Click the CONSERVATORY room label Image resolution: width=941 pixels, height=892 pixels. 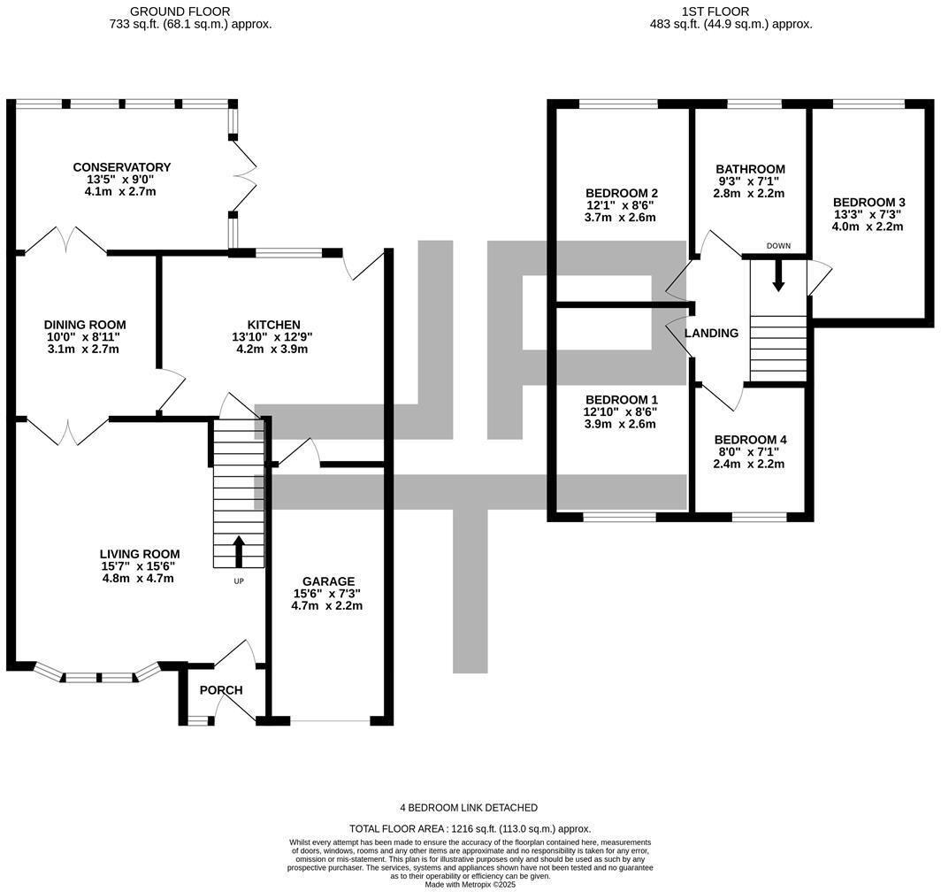pos(122,167)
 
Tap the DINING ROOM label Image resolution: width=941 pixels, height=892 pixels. pos(85,325)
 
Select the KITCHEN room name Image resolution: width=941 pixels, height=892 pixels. pos(274,325)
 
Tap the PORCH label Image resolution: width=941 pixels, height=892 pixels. pos(220,690)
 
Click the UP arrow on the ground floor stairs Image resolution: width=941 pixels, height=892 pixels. pos(239,550)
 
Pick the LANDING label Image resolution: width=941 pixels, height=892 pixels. pos(712,334)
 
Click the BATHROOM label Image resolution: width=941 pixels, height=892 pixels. pos(750,169)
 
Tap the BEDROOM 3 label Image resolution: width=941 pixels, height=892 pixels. pos(868,202)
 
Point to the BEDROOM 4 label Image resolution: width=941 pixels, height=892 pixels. pos(750,440)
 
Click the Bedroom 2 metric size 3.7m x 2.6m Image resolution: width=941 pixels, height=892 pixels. pos(621,218)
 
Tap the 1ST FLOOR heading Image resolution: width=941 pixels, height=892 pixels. pos(715,12)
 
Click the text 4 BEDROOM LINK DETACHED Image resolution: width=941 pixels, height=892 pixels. pos(470,808)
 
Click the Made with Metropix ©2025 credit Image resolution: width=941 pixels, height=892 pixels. pos(470,884)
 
